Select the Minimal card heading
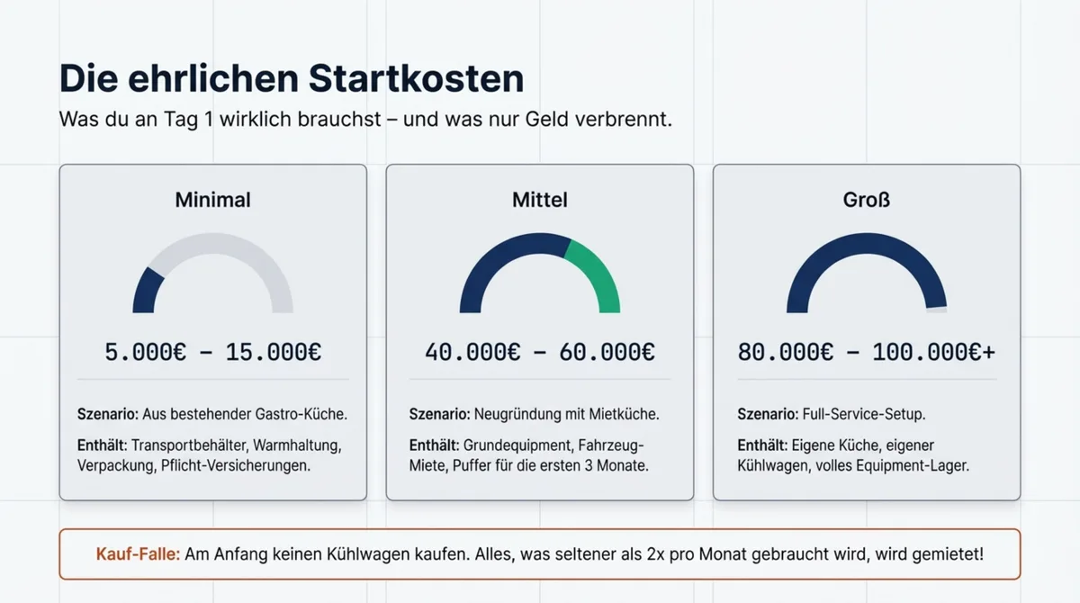pos(212,200)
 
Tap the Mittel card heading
pos(539,200)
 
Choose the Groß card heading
pos(866,200)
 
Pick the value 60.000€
pos(607,352)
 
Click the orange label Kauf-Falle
pos(138,554)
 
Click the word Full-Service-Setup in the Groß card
pos(863,415)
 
